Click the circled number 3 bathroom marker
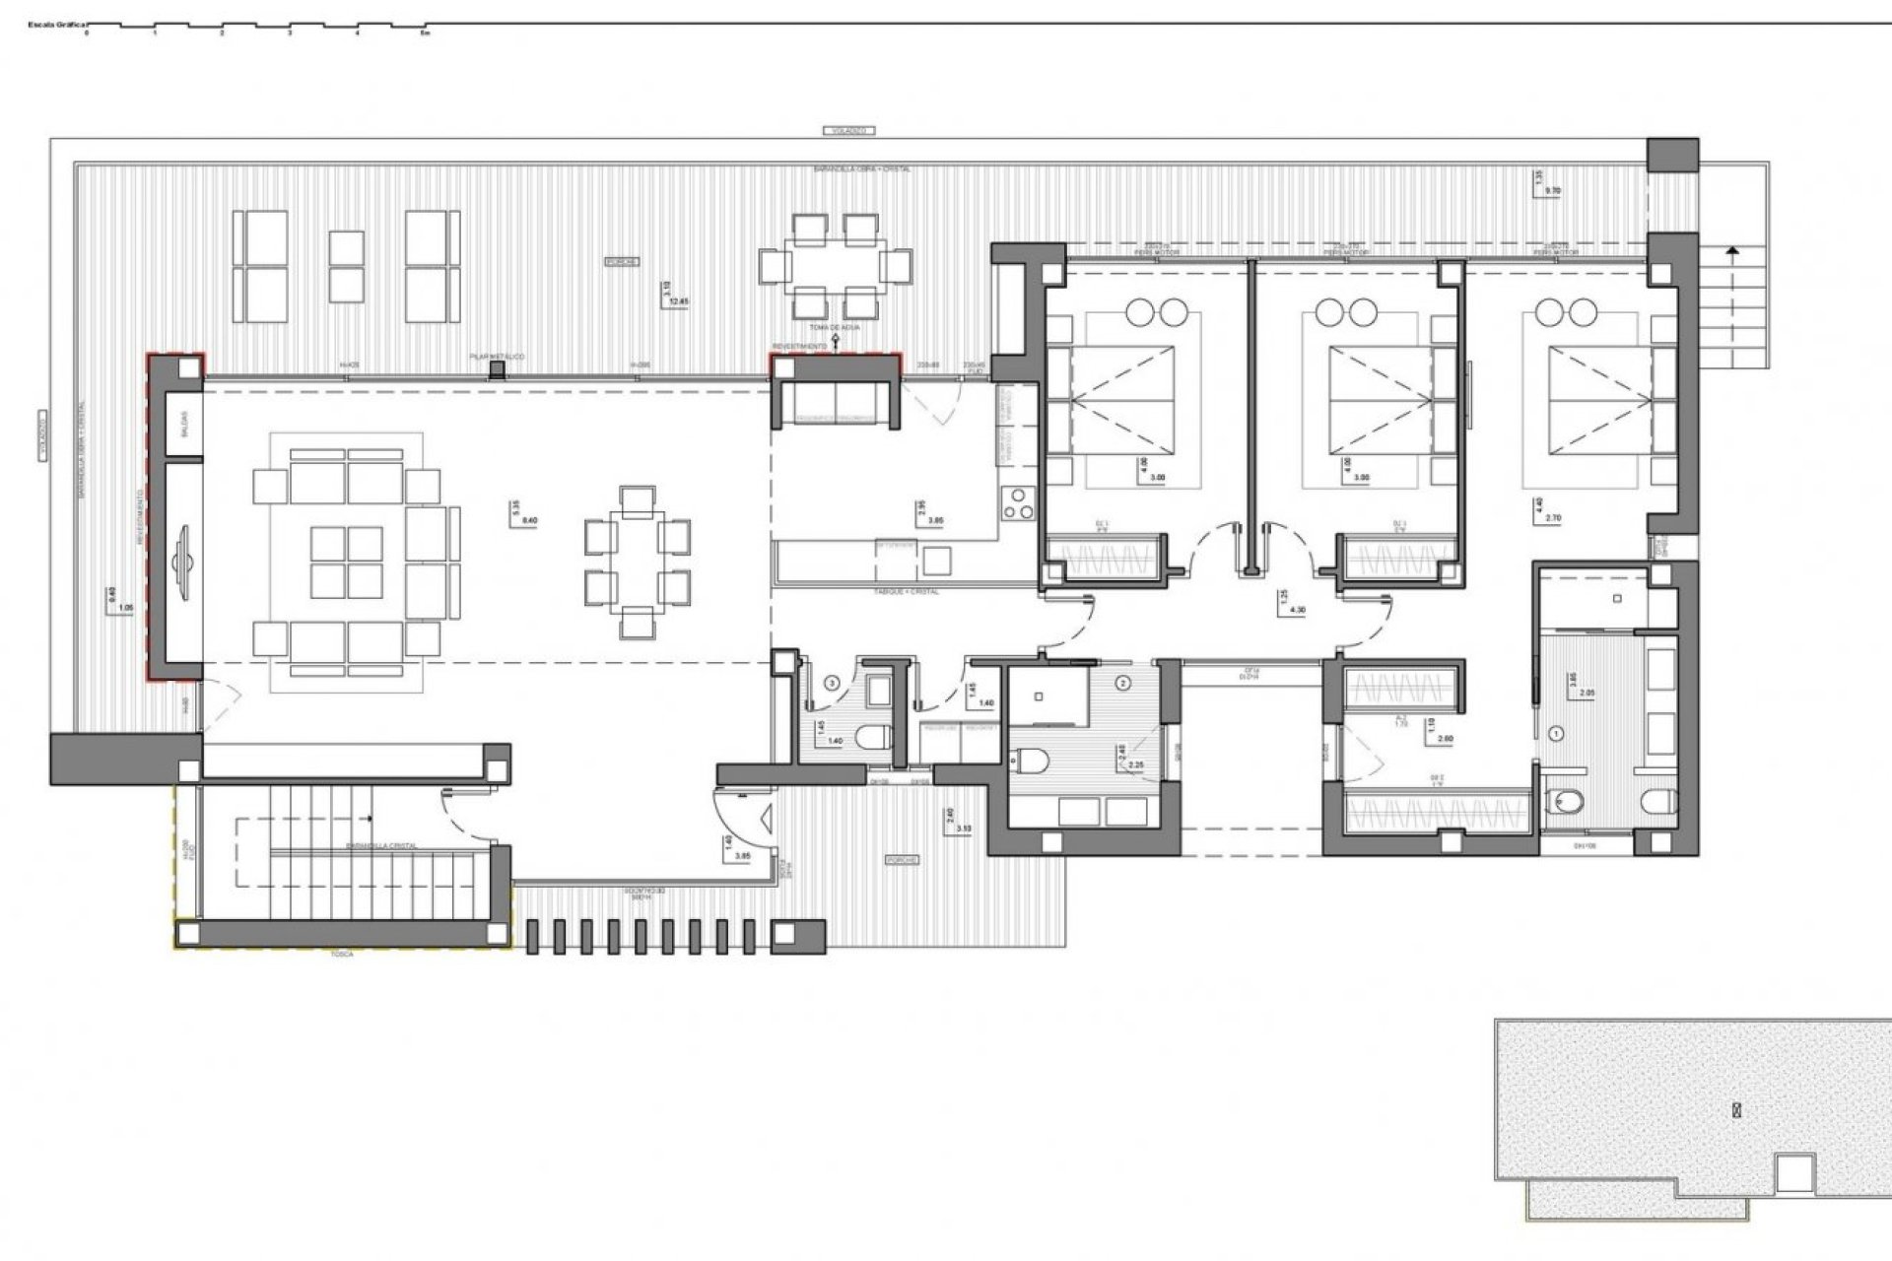pos(833,682)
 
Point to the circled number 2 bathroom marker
pos(1123,682)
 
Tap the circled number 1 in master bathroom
pos(1557,733)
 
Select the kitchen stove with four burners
pos(1016,503)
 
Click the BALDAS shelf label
pos(183,425)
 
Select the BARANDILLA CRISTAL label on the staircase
pos(381,846)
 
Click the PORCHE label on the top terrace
pos(622,262)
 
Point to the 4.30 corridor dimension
pos(1298,611)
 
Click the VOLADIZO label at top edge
pos(847,130)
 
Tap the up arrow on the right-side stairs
pos(1731,254)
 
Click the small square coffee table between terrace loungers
pos(346,266)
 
